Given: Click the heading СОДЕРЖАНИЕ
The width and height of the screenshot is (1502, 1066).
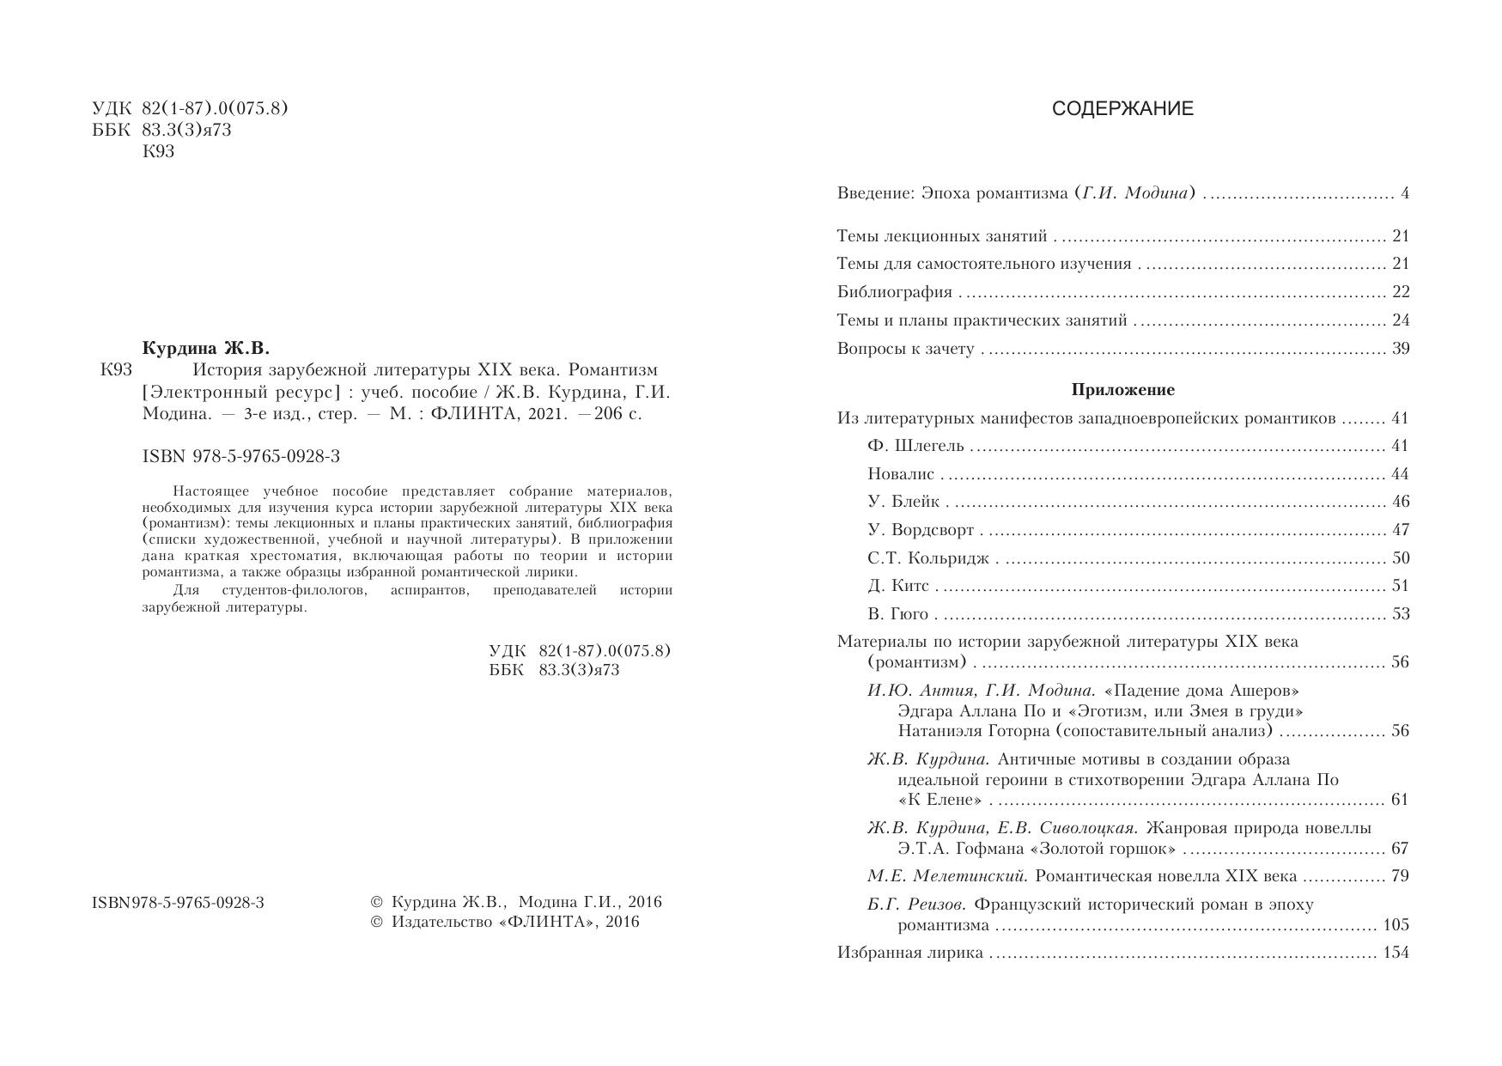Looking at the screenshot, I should point(1122,109).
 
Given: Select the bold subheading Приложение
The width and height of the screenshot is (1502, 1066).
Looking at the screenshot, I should point(1122,390).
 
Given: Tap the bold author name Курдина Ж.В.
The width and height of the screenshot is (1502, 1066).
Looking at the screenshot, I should point(206,348).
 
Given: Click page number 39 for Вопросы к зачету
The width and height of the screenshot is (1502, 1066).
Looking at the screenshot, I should point(1400,349).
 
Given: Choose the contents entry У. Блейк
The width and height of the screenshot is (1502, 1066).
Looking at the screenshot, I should point(903,502).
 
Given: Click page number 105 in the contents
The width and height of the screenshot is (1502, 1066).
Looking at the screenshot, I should point(1396,925).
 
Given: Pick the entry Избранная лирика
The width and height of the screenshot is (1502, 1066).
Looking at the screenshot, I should point(909,953).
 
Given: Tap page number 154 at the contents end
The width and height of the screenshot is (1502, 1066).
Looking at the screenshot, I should point(1396,953).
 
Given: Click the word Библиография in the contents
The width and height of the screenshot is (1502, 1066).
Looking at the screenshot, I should point(894,292).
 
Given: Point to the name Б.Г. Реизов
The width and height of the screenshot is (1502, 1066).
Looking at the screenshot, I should point(916,905).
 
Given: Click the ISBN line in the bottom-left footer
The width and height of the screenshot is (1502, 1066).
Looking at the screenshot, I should point(178,903).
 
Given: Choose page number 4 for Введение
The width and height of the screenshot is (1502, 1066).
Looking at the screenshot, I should point(1405,194).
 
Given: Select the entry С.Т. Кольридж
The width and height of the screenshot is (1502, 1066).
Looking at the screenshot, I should point(928,558).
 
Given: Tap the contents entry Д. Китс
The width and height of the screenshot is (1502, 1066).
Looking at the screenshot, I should point(897,586).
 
